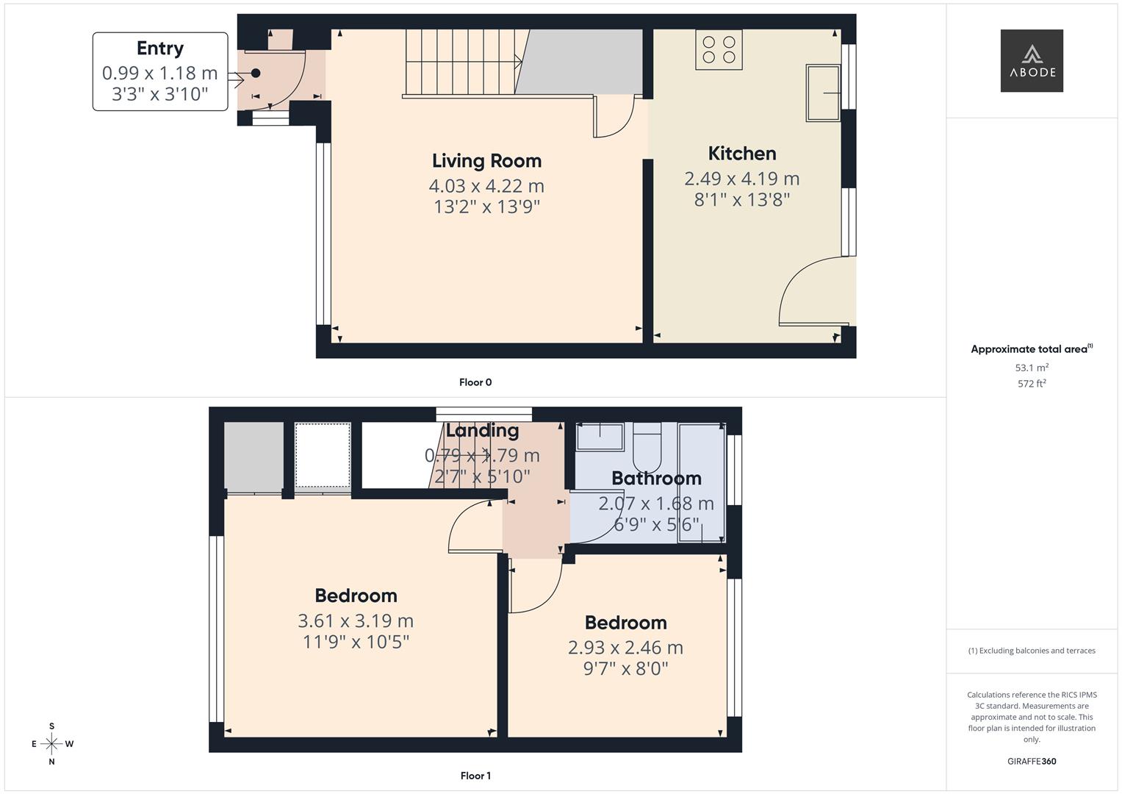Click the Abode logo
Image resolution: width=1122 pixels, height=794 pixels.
1032,60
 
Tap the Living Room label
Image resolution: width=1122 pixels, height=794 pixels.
486,161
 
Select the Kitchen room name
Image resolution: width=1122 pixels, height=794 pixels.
742,154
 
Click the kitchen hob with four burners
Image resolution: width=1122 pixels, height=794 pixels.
719,49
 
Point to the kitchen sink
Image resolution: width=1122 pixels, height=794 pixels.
823,93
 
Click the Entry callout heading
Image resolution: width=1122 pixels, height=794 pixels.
160,49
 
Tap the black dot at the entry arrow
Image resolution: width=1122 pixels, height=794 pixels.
256,73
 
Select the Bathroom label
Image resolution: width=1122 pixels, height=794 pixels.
656,479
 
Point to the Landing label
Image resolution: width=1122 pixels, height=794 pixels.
482,431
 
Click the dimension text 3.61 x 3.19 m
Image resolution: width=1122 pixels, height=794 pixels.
356,620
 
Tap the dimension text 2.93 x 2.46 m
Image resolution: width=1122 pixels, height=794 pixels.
625,648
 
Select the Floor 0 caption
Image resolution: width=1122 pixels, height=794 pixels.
475,382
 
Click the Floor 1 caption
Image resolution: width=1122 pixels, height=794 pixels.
475,776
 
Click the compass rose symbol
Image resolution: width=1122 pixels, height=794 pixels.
51,744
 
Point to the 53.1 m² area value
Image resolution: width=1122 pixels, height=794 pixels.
1032,368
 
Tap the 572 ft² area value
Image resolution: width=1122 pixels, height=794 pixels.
1032,384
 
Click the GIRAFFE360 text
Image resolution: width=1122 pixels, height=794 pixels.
1032,762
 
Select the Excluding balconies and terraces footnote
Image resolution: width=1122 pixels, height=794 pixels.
1032,651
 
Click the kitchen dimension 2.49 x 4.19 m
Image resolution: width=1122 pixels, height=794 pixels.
742,179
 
